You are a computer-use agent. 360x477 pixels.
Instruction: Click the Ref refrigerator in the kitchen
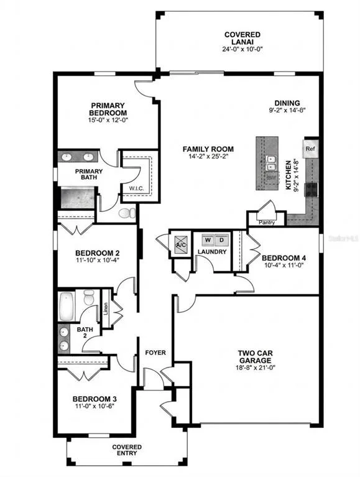click(x=310, y=149)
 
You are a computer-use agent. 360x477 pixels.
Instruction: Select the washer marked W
click(x=208, y=240)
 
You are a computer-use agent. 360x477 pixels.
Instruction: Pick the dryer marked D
click(x=221, y=240)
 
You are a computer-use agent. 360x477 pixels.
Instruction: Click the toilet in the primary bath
click(x=127, y=213)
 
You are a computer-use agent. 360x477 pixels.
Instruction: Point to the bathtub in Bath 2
click(x=67, y=307)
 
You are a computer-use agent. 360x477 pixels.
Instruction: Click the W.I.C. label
click(x=137, y=188)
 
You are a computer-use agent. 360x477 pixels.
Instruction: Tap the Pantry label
click(x=267, y=223)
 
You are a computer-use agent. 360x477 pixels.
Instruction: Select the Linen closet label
click(x=106, y=308)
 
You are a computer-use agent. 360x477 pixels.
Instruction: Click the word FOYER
click(x=155, y=353)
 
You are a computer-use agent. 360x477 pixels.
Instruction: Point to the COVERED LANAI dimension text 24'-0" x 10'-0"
click(x=242, y=49)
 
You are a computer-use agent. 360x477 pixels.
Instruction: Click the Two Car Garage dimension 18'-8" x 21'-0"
click(x=255, y=368)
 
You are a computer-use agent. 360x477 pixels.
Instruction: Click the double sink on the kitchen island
click(x=270, y=163)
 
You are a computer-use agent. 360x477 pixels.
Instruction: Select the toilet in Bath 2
click(x=89, y=297)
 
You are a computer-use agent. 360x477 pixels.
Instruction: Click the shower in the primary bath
click(x=78, y=198)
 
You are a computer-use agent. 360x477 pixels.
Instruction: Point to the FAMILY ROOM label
click(x=208, y=149)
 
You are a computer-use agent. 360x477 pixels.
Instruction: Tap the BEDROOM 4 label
click(x=284, y=258)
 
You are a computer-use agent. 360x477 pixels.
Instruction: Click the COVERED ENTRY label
click(x=127, y=450)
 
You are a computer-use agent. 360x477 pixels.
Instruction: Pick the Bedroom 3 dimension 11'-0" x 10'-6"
click(x=95, y=406)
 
